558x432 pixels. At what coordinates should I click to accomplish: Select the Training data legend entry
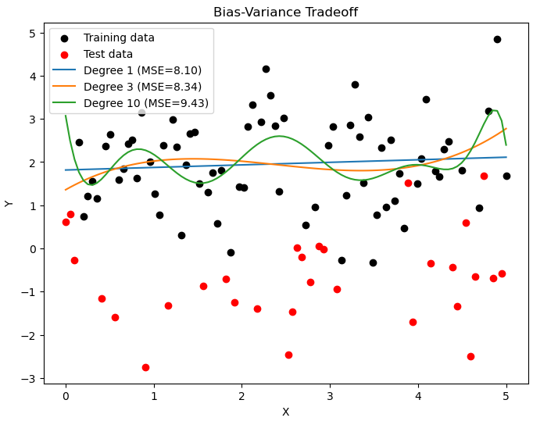click(119, 37)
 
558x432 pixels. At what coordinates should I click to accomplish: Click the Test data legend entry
click(108, 54)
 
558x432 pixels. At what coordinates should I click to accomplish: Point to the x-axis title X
click(285, 412)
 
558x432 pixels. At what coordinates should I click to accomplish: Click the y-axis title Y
click(9, 205)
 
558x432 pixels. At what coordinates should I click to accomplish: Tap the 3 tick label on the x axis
click(330, 397)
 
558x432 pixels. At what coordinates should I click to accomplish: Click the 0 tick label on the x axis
click(66, 397)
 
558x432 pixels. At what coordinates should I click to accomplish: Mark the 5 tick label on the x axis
click(506, 397)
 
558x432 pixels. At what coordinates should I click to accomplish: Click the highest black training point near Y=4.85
click(497, 39)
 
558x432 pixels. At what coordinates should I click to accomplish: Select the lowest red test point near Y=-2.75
click(145, 367)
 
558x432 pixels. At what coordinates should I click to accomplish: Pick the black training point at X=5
click(506, 176)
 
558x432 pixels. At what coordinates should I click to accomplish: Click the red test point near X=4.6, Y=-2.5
click(470, 356)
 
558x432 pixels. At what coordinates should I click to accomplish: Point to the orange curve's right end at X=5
click(506, 129)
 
